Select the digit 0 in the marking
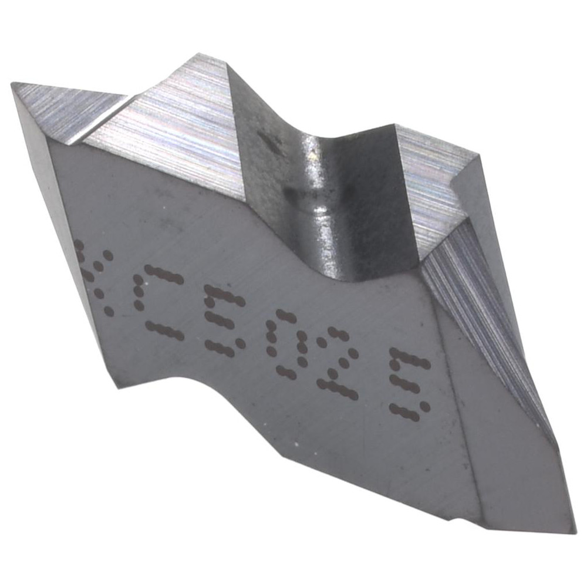[x=288, y=343]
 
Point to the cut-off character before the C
[x=97, y=276]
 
